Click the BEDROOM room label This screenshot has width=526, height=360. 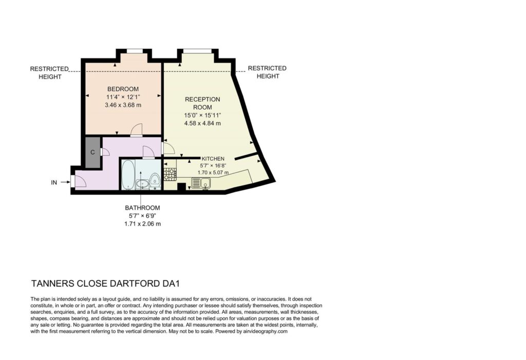[123, 89]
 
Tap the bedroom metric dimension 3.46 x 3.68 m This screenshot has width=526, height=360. [123, 105]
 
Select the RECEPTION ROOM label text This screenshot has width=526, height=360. [202, 103]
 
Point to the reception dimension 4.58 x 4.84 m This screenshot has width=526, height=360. [202, 123]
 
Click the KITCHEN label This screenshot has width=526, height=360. [213, 159]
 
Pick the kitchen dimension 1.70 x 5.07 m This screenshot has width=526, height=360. [213, 173]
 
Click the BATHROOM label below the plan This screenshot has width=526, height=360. [143, 207]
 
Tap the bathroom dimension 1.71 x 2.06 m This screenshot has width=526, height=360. [143, 224]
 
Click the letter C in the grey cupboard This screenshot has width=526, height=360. [92, 153]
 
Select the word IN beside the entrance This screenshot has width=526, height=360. [54, 182]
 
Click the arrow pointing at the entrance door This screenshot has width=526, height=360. [65, 182]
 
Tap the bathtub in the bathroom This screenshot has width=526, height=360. [128, 175]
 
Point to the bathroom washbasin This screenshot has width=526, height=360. [143, 184]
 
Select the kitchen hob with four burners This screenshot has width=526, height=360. [170, 174]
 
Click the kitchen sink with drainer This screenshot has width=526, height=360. [201, 183]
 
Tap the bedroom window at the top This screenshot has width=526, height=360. [135, 51]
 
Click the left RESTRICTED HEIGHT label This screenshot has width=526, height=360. [50, 73]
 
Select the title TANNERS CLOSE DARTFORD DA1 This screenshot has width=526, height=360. [105, 283]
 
